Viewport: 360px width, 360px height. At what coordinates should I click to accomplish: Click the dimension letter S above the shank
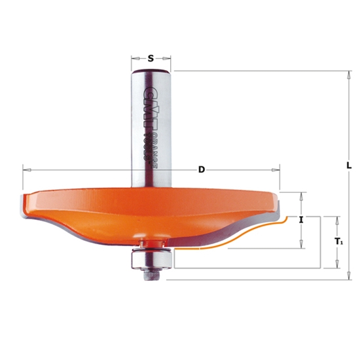151,58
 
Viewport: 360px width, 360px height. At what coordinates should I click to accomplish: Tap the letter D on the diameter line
202,170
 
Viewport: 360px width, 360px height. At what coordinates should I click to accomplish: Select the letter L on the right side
349,166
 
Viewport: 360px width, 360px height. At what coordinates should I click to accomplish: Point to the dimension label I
301,220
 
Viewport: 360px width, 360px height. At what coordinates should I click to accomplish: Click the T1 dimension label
338,242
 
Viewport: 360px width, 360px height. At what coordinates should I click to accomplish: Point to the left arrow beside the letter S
135,58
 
